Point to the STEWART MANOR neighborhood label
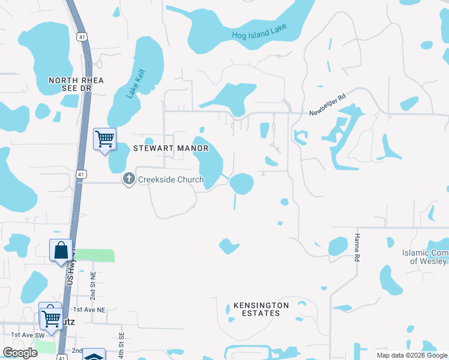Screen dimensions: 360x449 (162, 148)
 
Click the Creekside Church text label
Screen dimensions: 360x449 (171, 179)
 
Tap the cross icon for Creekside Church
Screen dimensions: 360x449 (128, 179)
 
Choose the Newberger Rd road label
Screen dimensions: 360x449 (328, 105)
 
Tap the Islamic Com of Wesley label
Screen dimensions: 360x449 (425, 257)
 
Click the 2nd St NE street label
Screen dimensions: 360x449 (93, 285)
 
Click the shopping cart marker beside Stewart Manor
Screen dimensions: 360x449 (104, 139)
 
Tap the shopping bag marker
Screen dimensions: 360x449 (61, 250)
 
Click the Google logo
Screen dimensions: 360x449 (20, 353)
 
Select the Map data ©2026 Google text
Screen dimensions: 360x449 (412, 355)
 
